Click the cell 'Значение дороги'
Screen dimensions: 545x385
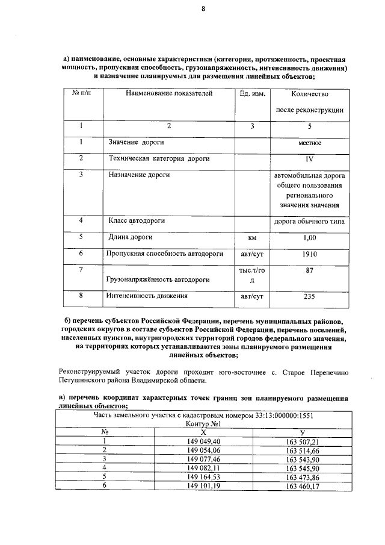[x=136, y=143]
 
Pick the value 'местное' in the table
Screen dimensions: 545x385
[x=309, y=143]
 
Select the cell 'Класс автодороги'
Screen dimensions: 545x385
[x=137, y=221]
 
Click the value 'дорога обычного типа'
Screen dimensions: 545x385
[x=309, y=222]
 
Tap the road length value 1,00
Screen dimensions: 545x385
[x=309, y=237]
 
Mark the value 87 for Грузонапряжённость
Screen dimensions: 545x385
[x=309, y=271]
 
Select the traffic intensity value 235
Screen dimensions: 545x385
[x=309, y=296]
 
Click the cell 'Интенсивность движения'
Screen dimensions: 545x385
[x=147, y=296]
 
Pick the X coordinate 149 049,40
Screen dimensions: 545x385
[x=204, y=441]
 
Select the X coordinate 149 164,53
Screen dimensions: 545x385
[x=204, y=476]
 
